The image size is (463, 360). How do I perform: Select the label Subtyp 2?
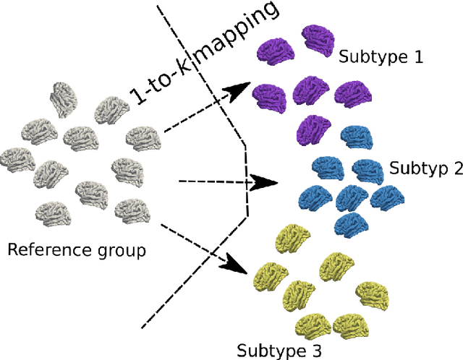click(x=425, y=168)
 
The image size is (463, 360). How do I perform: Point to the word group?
click(x=121, y=252)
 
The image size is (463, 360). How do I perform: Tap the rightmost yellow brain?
click(x=374, y=293)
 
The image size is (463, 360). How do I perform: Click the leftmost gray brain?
click(x=17, y=159)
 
